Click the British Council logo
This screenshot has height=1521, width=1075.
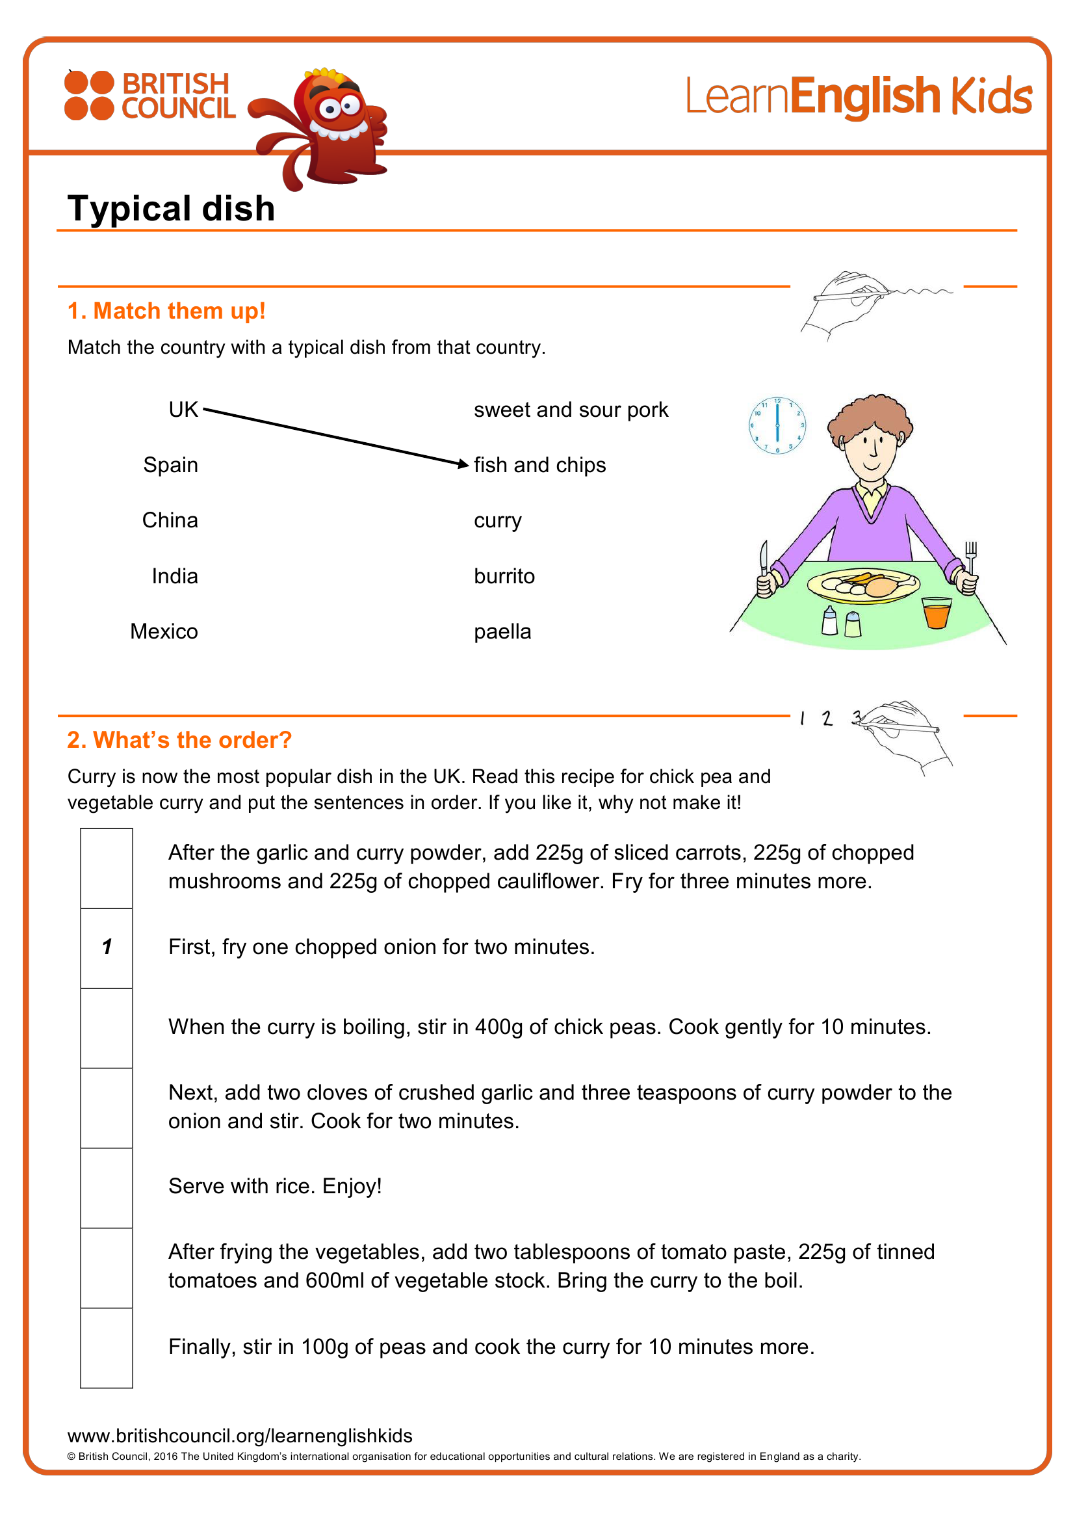coord(149,96)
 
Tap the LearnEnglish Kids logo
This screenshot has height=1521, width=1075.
coord(859,97)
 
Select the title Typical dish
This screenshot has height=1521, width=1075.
coord(171,208)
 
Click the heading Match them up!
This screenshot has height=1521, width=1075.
coord(166,311)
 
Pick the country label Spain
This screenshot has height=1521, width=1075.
coord(171,465)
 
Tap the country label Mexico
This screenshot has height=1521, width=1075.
coord(164,631)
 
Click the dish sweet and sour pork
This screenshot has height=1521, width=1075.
coord(571,410)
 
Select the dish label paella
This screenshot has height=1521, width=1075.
coord(502,632)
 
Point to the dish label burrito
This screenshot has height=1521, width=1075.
coord(504,576)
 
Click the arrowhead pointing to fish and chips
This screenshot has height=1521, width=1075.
coord(463,464)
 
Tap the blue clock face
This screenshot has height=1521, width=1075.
coord(777,425)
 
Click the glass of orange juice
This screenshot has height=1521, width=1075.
coord(936,612)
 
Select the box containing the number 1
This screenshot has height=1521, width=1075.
coord(107,948)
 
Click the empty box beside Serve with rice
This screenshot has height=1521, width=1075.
coord(107,1188)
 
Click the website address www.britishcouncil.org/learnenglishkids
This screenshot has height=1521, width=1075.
coord(240,1436)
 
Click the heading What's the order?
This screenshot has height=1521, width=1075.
coord(179,740)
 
